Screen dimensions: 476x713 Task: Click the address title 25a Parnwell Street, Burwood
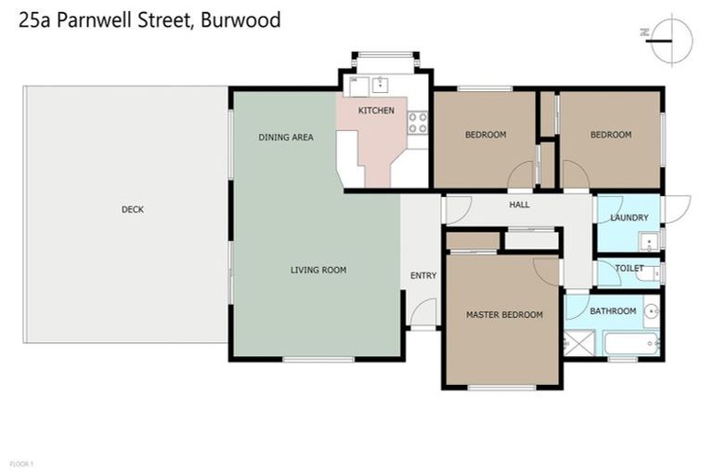point(149,20)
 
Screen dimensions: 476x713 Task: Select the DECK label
point(133,209)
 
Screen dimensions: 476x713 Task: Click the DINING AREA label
point(285,138)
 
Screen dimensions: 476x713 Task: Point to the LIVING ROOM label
point(318,271)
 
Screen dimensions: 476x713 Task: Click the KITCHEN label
point(376,111)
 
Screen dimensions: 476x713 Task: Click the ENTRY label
point(422,275)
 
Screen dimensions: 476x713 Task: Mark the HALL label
point(519,205)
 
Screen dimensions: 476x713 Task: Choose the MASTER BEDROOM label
point(504,314)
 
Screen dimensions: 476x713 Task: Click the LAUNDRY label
point(629,218)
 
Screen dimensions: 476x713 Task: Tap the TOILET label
point(629,269)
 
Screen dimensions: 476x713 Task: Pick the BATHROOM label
point(613,311)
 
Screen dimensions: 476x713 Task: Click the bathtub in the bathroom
point(631,343)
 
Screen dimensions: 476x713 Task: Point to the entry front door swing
point(424,313)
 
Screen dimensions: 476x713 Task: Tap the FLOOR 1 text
point(21,463)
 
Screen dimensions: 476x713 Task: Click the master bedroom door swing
point(548,269)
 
